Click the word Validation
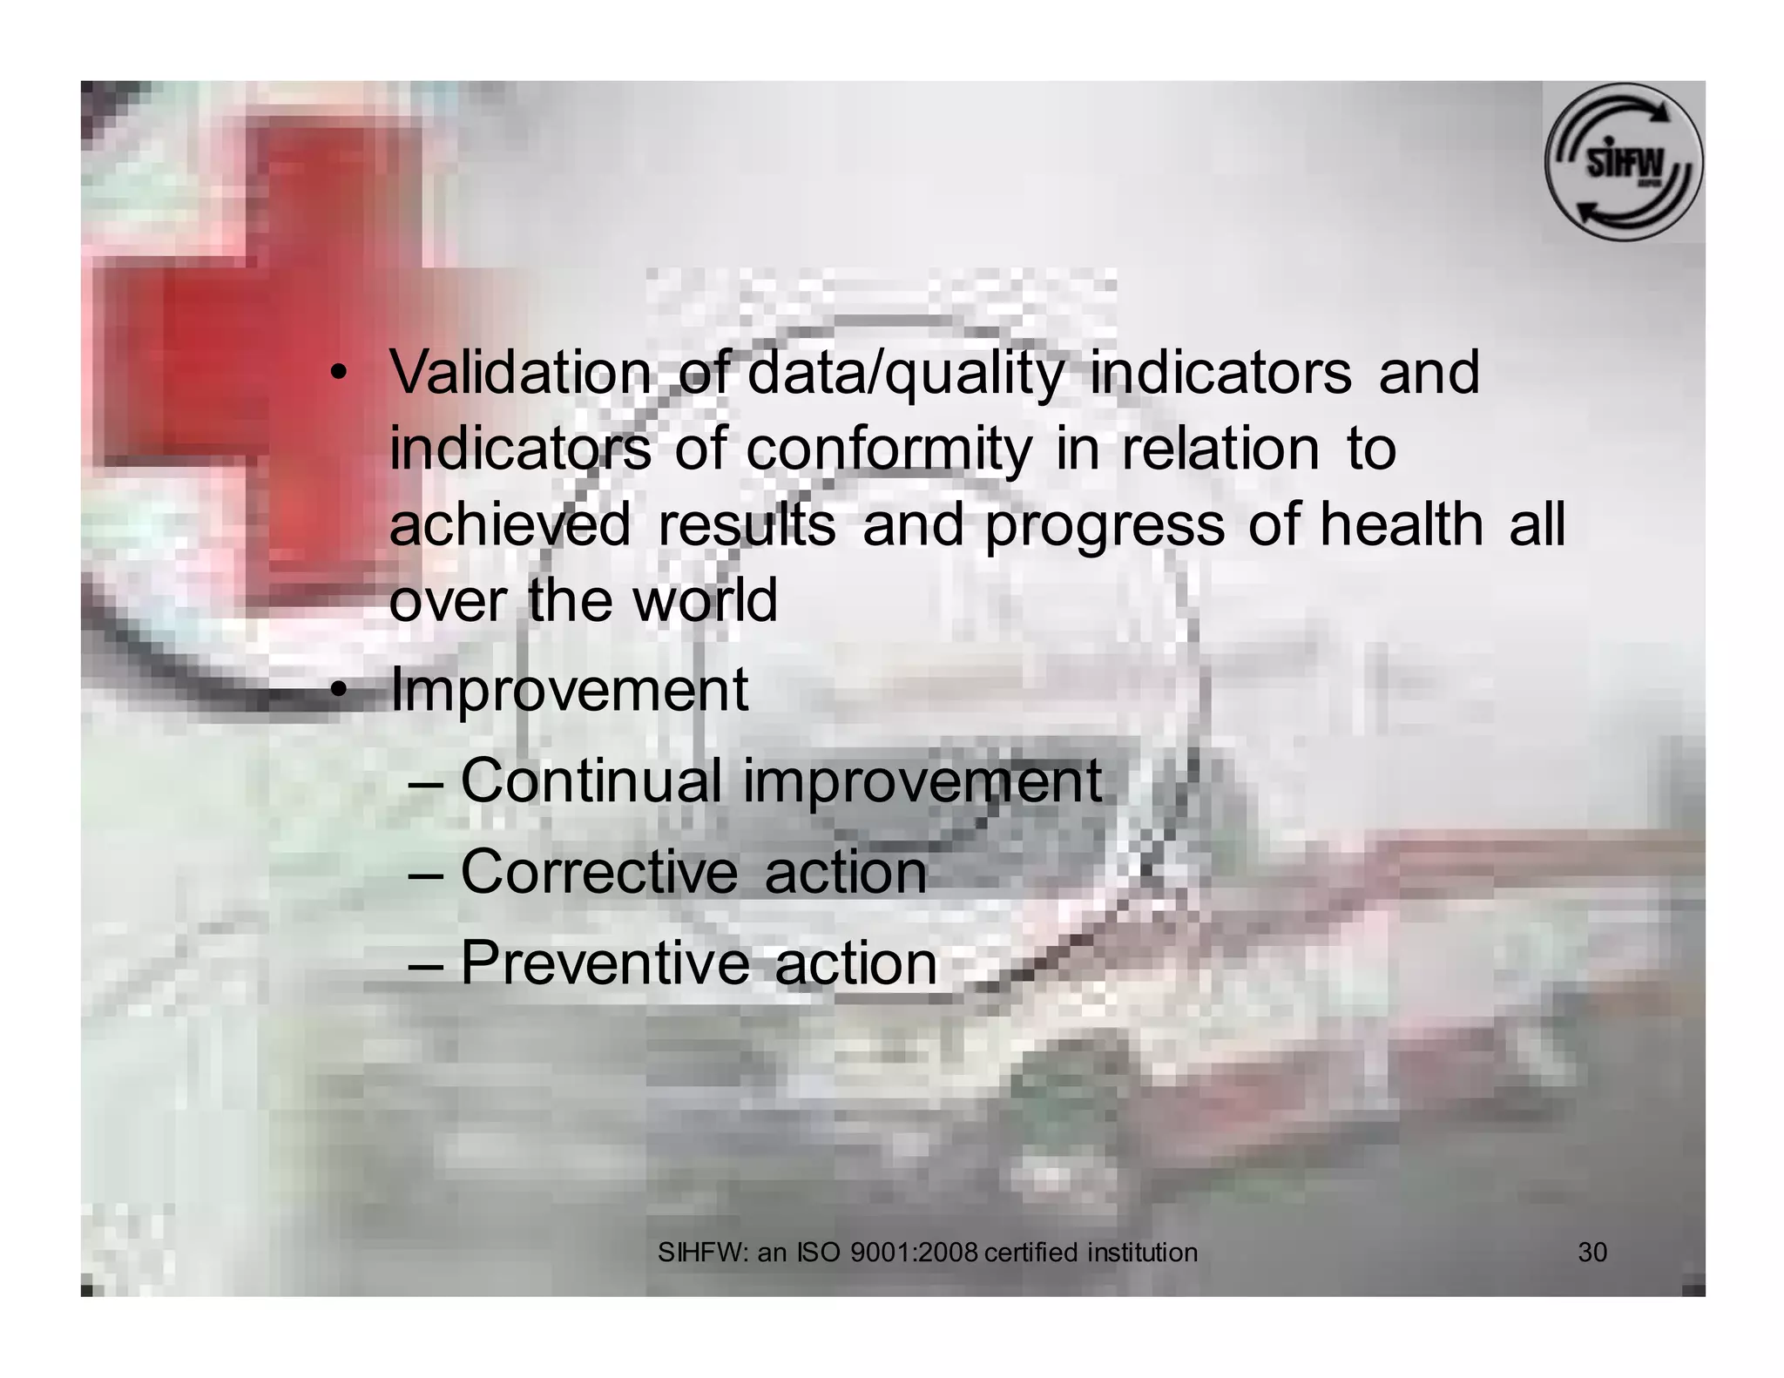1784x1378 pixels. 520,373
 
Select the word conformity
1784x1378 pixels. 889,449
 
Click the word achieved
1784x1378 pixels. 510,525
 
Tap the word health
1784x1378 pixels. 1401,525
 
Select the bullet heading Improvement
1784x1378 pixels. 569,691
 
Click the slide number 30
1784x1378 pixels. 1592,1253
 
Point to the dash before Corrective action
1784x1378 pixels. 427,873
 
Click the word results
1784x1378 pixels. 746,525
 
